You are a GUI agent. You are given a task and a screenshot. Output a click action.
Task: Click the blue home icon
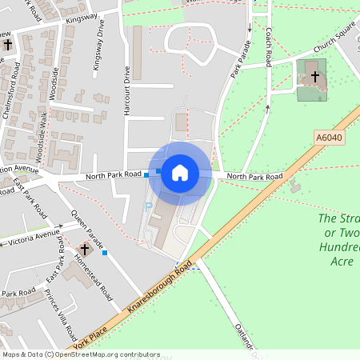(180, 173)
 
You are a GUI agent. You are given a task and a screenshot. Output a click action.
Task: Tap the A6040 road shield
(329, 138)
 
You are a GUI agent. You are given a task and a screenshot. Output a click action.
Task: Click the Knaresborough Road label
(160, 288)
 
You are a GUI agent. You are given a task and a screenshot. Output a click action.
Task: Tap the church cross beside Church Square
(315, 78)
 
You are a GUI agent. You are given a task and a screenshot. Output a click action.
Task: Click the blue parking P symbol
(147, 206)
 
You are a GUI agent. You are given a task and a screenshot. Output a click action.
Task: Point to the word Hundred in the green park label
(339, 247)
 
